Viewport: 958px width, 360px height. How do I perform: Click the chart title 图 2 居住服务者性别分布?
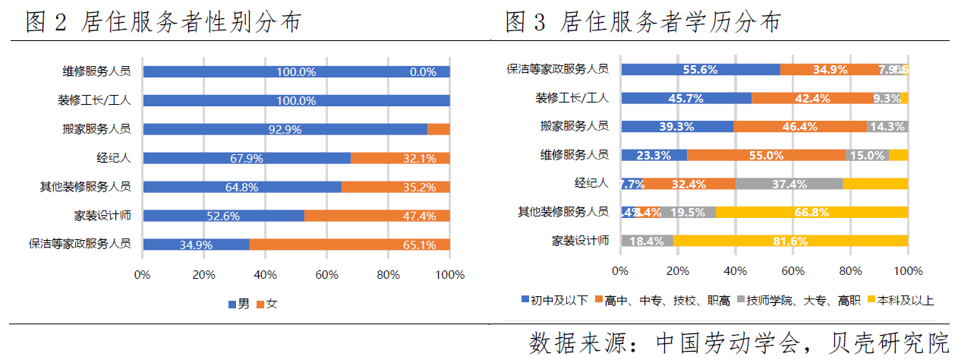(163, 22)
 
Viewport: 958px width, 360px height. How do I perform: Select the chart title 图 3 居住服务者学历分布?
(643, 22)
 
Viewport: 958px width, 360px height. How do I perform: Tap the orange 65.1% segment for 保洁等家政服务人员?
(349, 245)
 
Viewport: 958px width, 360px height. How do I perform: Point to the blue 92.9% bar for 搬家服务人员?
(285, 129)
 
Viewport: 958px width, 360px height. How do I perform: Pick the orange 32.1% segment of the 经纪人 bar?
(400, 158)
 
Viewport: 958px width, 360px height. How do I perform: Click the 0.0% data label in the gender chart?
(423, 72)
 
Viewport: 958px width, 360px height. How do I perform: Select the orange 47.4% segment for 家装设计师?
(377, 216)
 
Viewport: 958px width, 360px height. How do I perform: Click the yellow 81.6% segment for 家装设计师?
(789, 241)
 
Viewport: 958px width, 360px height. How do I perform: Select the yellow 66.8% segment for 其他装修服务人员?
(811, 212)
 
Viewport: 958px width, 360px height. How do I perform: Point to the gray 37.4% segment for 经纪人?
(789, 183)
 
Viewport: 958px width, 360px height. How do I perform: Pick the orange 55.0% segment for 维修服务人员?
(766, 155)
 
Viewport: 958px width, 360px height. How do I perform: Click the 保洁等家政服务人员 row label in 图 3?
(557, 68)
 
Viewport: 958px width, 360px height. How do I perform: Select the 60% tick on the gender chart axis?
(326, 275)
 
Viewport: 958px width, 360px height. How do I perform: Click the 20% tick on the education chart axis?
(677, 271)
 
